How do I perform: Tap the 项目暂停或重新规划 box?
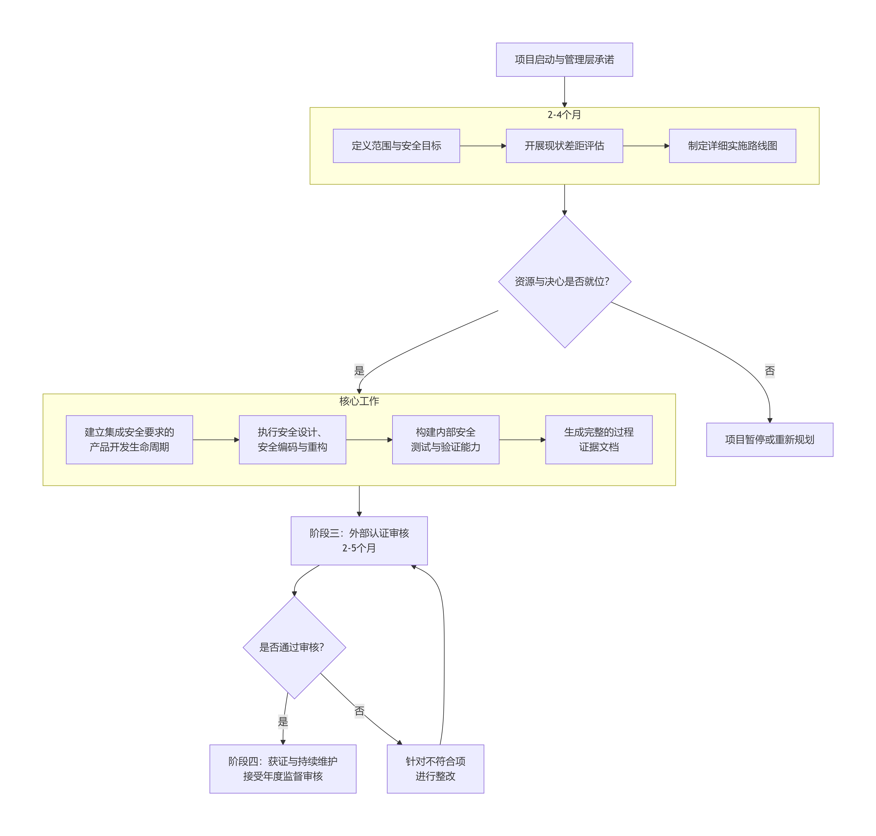[770, 439]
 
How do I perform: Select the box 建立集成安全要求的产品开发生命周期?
[129, 439]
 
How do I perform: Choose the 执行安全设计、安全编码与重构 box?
[292, 439]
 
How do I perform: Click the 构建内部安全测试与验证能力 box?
[445, 439]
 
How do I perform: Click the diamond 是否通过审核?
[294, 647]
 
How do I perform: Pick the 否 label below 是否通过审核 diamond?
[359, 711]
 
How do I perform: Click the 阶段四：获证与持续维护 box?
[283, 769]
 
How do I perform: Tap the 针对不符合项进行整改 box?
[435, 769]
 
